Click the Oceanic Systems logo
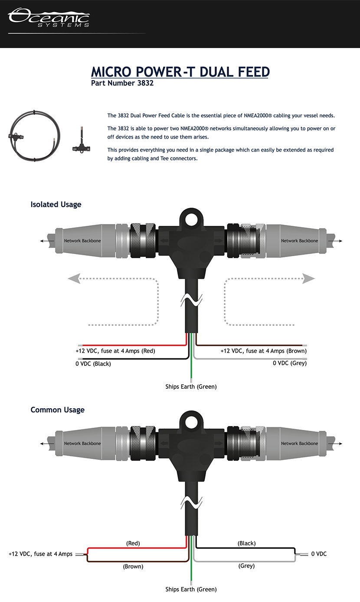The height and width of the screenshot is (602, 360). coord(49,18)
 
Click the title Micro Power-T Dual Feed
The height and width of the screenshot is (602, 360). coord(180,72)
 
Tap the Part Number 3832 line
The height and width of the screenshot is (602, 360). coord(122,83)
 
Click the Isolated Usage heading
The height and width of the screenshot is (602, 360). coord(56,204)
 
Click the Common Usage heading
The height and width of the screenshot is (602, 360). coord(57,410)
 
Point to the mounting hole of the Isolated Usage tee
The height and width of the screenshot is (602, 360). coord(190,218)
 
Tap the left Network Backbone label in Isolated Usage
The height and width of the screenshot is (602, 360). coord(82,241)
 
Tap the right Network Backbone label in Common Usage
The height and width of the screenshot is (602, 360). coord(299,443)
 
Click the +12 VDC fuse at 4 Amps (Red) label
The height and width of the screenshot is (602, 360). coord(115,351)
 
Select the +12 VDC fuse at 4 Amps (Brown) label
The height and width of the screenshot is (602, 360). coord(263,351)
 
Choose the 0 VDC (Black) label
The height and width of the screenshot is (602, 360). coord(93,364)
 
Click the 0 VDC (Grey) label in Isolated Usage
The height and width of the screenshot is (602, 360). coord(290,363)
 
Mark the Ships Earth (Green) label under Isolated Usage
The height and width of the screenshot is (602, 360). coord(191,386)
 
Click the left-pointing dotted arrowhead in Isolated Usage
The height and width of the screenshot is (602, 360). coord(74,278)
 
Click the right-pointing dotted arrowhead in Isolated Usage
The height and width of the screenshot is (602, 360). coord(308,278)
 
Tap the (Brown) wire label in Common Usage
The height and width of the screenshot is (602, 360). coord(133,566)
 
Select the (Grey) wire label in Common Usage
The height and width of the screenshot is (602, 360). coord(246,566)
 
